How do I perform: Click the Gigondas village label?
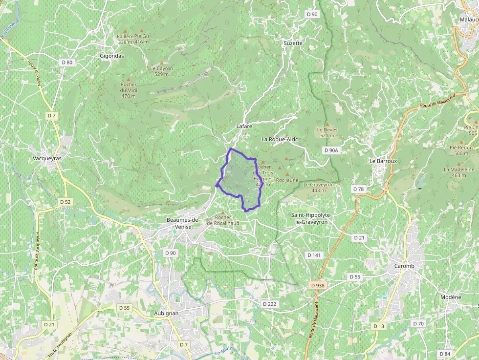[112, 56]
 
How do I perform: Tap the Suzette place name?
[293, 43]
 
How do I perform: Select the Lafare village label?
[244, 126]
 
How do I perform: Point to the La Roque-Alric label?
[280, 139]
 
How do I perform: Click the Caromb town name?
[404, 266]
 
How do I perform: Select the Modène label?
[450, 297]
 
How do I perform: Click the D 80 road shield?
[67, 62]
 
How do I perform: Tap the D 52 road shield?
[65, 201]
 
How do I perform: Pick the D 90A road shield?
[331, 150]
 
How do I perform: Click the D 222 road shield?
[269, 304]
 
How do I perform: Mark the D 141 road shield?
[314, 255]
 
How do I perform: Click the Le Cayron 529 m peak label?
[161, 71]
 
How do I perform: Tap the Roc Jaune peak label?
[287, 180]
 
